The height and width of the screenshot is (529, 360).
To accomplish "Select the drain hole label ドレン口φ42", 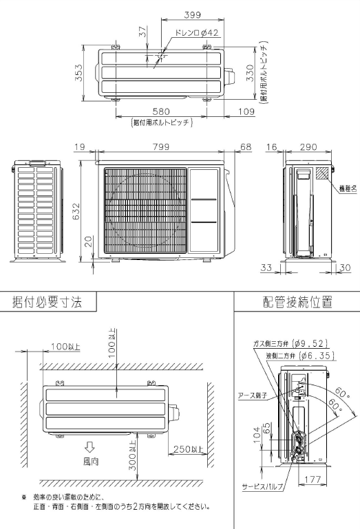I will pos(178,32).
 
